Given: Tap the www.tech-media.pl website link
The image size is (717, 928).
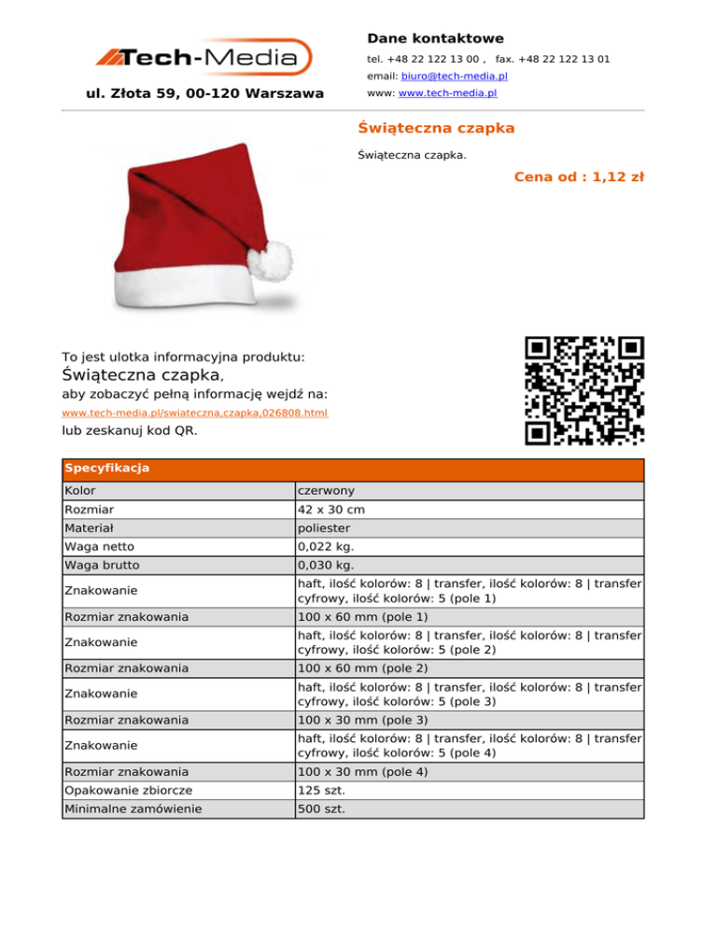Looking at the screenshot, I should [x=447, y=93].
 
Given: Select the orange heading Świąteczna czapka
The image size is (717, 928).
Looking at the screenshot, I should [x=436, y=127].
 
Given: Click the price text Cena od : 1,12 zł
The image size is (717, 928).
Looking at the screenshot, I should [x=579, y=176].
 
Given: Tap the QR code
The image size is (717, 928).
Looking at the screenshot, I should [x=584, y=390].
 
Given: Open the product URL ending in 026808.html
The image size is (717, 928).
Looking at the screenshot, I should [x=194, y=413].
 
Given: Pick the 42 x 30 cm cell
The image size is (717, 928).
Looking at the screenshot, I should [x=332, y=511].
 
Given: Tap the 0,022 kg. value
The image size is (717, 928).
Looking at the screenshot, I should [x=324, y=547].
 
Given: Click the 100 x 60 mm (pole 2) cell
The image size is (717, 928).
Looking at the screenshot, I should [x=363, y=668].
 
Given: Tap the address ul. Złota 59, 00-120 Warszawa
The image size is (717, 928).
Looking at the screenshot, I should [x=204, y=93].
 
